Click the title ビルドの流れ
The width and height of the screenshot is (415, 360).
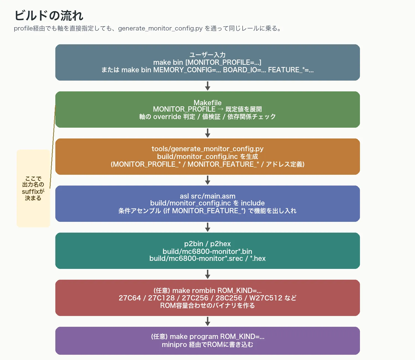49,16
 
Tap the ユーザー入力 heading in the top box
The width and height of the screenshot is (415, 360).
207,55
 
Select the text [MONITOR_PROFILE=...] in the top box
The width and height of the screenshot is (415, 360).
223,62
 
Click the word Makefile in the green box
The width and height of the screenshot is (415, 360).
207,103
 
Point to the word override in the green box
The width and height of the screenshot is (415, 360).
167,117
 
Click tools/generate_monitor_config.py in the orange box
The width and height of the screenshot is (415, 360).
207,149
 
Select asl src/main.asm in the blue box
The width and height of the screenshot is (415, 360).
207,196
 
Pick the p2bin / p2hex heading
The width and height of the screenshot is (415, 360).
207,244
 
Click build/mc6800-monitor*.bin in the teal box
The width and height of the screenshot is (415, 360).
207,251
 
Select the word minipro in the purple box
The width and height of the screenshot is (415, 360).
174,344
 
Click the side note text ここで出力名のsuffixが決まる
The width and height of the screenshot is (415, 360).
33,188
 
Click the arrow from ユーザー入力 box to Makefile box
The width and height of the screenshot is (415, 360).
207,86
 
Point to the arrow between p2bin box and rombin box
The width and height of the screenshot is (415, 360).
207,274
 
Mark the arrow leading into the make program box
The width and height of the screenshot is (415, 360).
207,321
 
